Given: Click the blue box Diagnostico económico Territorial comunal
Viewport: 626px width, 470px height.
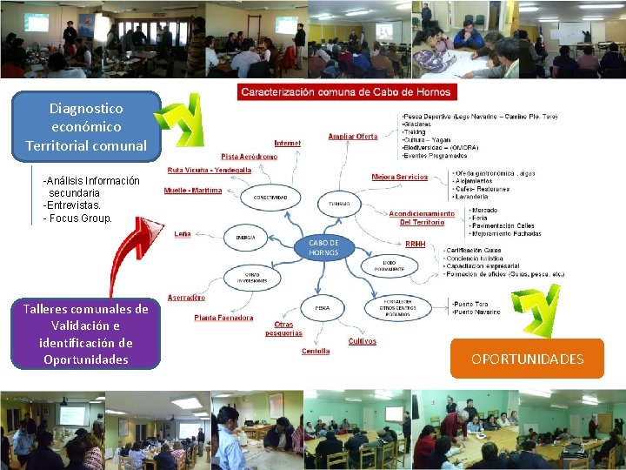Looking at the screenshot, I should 86,127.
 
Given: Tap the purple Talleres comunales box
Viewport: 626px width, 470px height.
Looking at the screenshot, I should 85,334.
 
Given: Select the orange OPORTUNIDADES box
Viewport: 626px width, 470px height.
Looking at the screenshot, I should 527,359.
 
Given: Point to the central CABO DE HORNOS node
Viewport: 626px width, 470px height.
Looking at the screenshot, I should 323,247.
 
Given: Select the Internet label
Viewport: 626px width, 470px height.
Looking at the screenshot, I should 288,143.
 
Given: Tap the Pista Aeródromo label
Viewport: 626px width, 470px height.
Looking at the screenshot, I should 249,157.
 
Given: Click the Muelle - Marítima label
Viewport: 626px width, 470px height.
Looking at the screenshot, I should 194,190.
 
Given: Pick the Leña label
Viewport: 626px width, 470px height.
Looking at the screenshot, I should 183,233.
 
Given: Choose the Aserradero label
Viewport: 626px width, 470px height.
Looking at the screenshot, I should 186,297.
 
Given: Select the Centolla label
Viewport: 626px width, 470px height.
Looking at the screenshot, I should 316,351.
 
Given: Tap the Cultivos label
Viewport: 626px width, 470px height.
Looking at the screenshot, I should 362,341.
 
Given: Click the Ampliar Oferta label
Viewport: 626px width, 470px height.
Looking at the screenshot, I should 352,136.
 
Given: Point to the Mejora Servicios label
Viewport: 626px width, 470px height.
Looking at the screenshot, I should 399,177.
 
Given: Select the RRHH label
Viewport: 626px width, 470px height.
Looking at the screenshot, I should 416,245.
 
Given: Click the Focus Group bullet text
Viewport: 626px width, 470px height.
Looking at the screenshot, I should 79,218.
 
